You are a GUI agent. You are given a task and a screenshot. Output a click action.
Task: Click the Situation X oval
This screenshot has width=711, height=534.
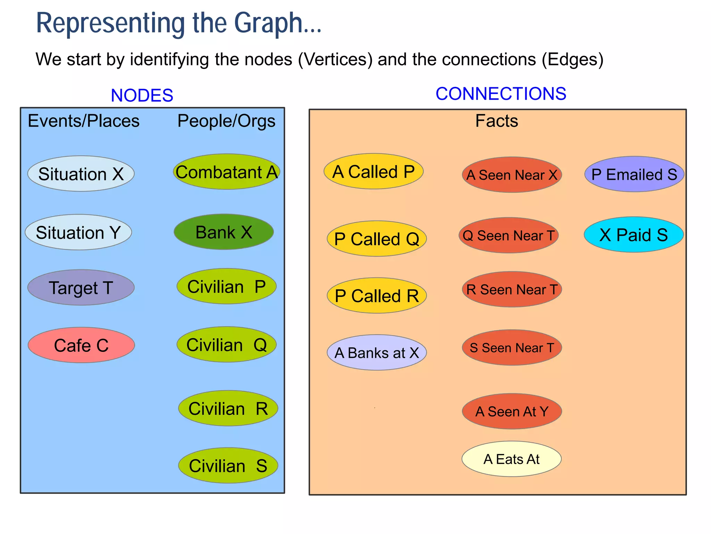tap(81, 173)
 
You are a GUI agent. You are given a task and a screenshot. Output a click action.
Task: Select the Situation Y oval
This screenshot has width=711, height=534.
tap(78, 232)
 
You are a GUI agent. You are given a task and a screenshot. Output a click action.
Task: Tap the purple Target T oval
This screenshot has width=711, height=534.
tap(81, 288)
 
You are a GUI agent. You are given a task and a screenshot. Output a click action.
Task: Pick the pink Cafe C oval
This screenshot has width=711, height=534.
tap(81, 345)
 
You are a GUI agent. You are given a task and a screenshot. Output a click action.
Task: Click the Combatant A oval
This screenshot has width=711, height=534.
tap(226, 172)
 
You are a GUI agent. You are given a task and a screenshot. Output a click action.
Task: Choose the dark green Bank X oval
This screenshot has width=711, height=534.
tap(224, 232)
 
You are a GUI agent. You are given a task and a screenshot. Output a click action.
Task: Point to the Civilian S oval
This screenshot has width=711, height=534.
tap(228, 466)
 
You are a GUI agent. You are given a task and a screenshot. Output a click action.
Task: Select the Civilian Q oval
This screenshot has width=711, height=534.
tap(226, 345)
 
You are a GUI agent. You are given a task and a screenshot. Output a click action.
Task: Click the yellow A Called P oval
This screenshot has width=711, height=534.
tap(374, 171)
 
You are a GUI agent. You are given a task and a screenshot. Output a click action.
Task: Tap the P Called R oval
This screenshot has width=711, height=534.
tap(377, 296)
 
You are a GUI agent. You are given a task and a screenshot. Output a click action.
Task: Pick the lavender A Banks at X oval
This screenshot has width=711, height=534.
tap(377, 353)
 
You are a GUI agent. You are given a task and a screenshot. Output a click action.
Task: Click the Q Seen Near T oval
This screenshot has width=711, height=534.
tap(509, 235)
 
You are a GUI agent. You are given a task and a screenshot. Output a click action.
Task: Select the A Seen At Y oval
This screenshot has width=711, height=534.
tap(512, 411)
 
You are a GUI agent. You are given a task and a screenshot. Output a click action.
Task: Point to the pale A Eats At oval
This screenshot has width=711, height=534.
tap(511, 459)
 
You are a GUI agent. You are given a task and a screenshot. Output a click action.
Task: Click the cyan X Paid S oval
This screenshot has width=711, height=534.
tap(634, 235)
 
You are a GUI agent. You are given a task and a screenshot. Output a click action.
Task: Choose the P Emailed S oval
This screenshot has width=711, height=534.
tap(634, 174)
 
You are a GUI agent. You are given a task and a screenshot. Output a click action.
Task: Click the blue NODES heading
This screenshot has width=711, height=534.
tap(142, 95)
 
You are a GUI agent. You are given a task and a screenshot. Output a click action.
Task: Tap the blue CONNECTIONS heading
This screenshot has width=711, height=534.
tap(501, 94)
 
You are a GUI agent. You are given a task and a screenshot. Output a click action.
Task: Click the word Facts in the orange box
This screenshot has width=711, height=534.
tap(496, 121)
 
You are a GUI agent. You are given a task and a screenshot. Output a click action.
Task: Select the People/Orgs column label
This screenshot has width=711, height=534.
tap(226, 121)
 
